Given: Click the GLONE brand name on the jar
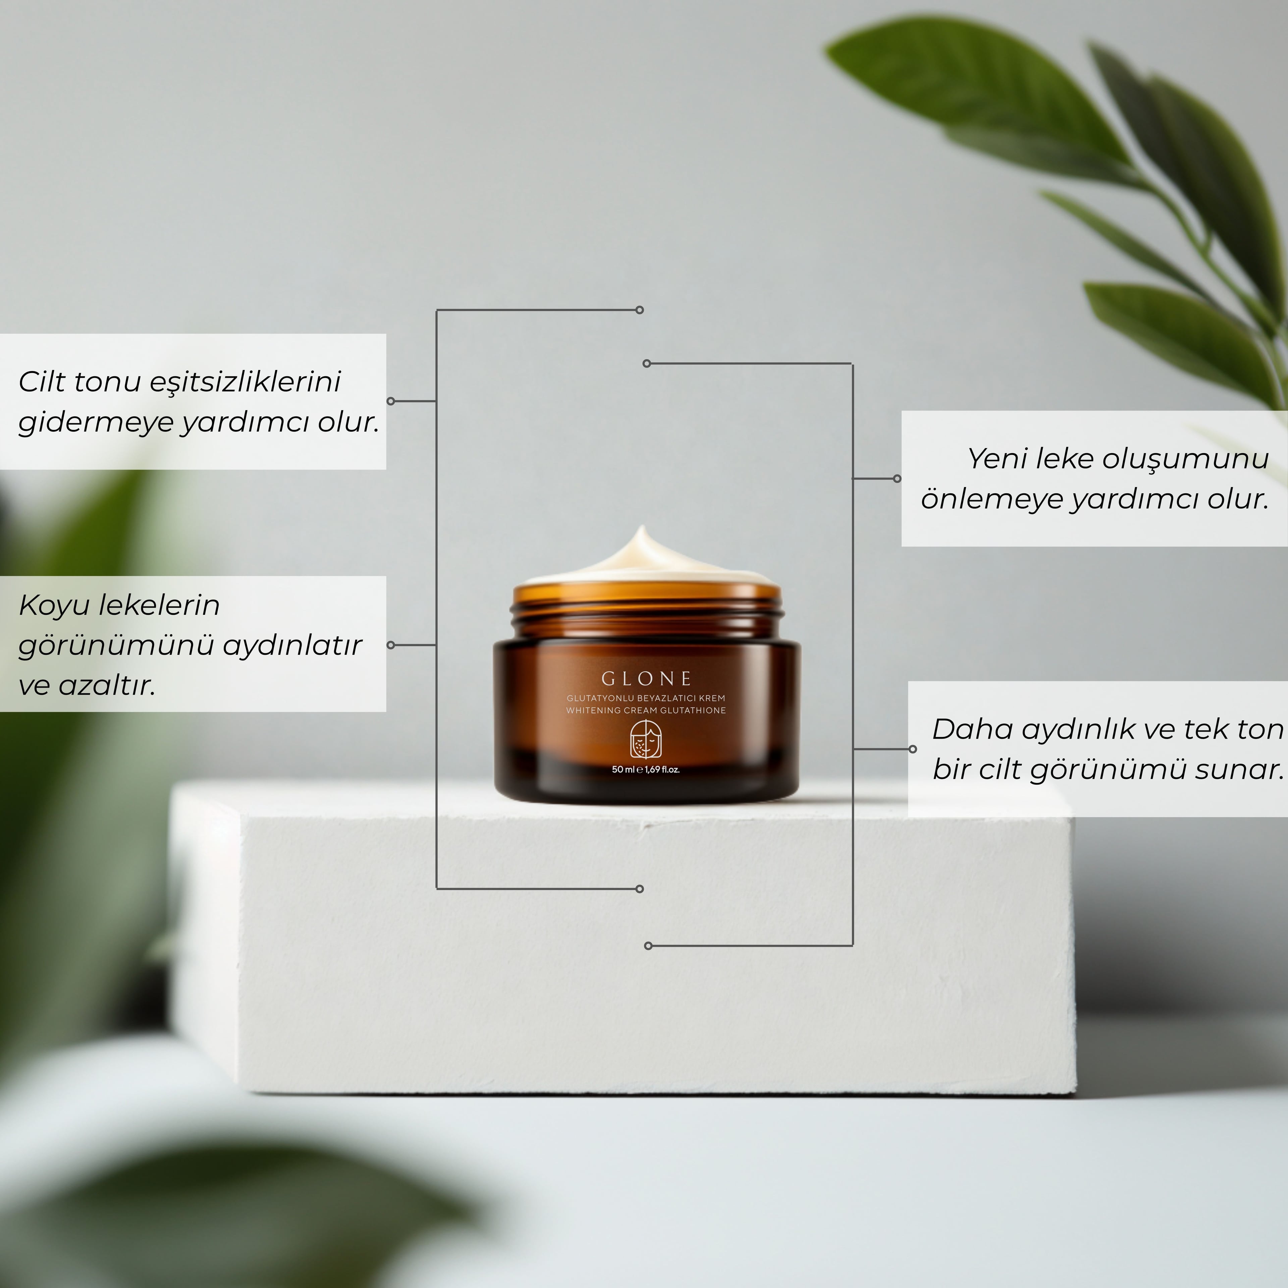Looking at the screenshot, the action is [x=646, y=679].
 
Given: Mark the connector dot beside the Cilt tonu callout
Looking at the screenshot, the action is [x=391, y=401].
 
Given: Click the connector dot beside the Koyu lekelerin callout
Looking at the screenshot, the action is [x=391, y=645].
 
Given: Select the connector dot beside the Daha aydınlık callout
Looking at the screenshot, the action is [x=913, y=749].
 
